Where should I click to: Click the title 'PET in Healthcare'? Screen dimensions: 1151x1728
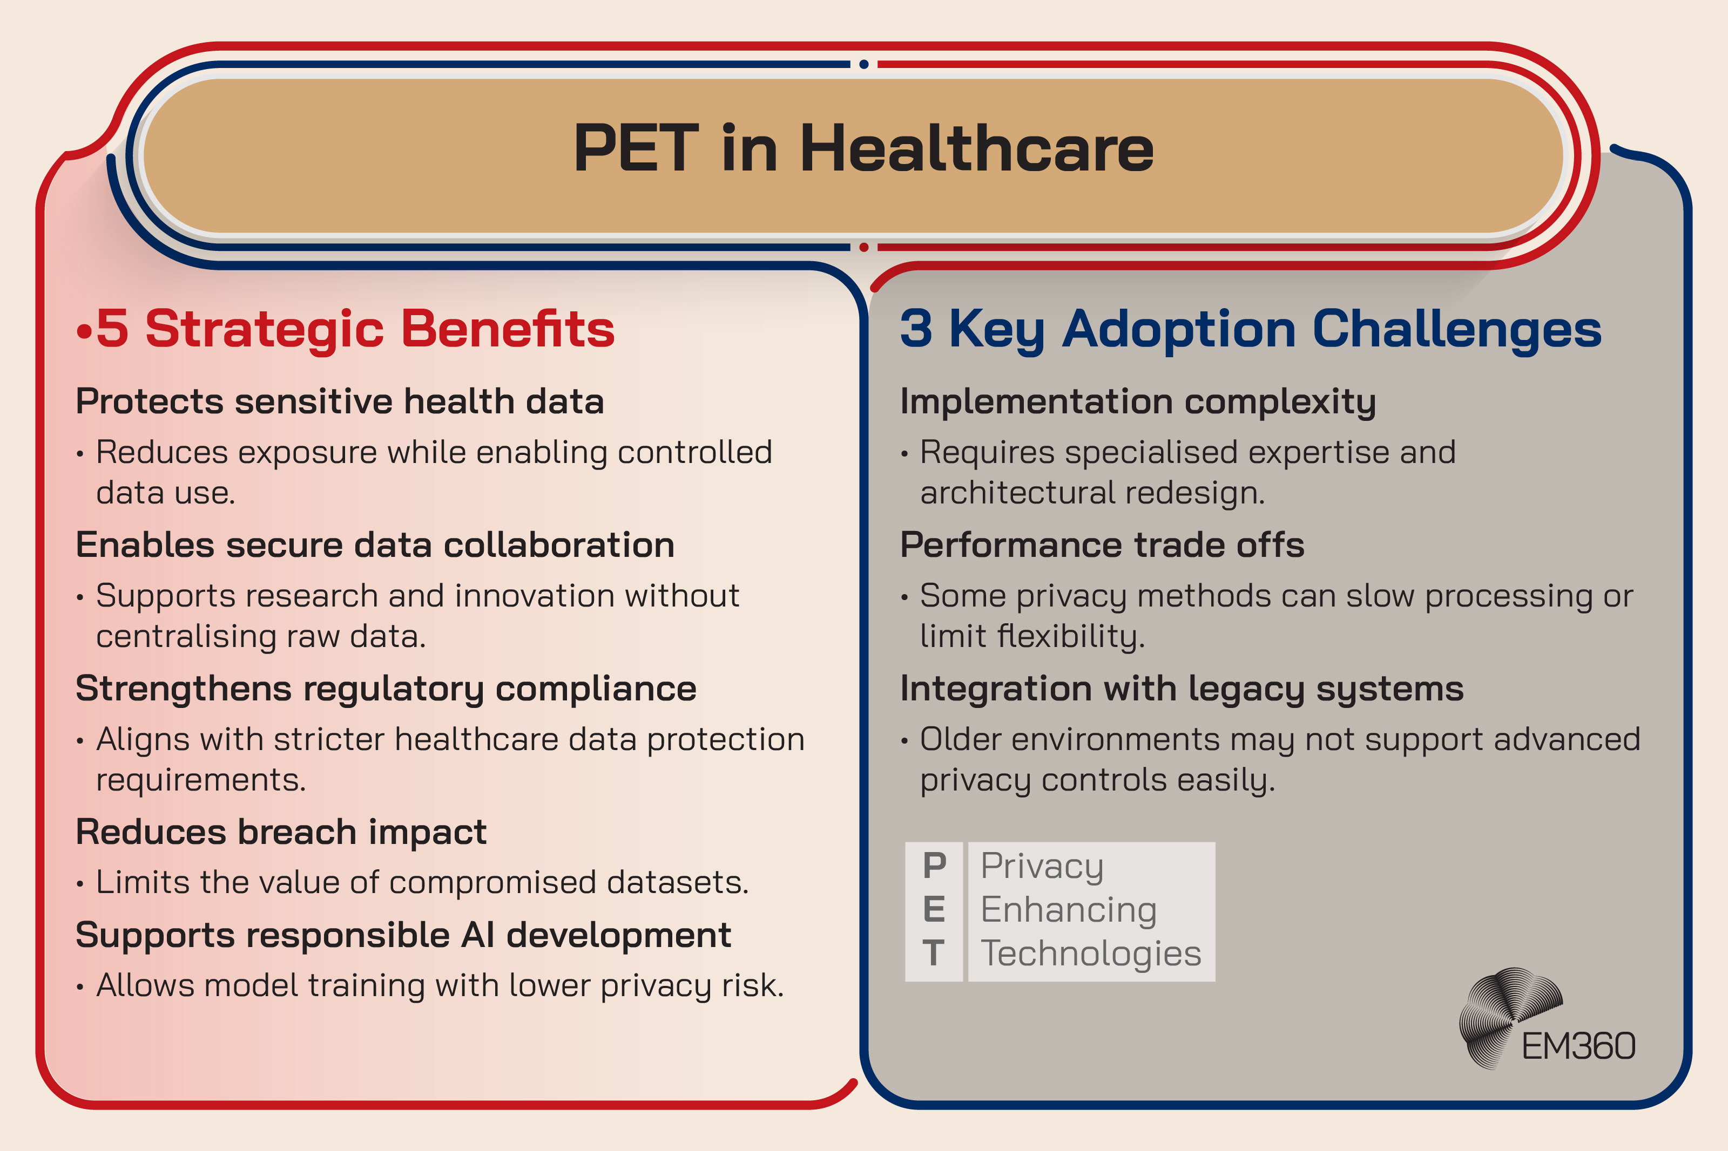863,149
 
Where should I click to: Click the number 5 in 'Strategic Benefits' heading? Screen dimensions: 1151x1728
112,328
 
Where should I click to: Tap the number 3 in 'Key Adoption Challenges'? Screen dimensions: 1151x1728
916,328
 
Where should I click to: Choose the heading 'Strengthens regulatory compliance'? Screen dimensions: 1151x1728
386,689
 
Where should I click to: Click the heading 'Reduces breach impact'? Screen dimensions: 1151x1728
281,832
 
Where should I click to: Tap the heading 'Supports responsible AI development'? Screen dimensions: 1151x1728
403,935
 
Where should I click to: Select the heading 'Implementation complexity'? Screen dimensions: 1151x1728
1138,401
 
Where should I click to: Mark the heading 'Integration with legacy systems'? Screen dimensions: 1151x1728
1182,689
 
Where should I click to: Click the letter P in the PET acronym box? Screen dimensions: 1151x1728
934,866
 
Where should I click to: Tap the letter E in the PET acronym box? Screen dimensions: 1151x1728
934,910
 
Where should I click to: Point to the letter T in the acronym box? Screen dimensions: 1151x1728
934,954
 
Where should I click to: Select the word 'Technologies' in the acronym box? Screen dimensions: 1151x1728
1091,954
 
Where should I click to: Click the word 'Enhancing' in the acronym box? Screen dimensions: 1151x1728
1069,910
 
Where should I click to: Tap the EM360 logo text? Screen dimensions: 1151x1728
1578,1046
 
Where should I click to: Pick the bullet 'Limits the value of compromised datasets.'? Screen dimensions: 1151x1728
422,882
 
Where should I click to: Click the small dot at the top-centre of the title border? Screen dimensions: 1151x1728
863,65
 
